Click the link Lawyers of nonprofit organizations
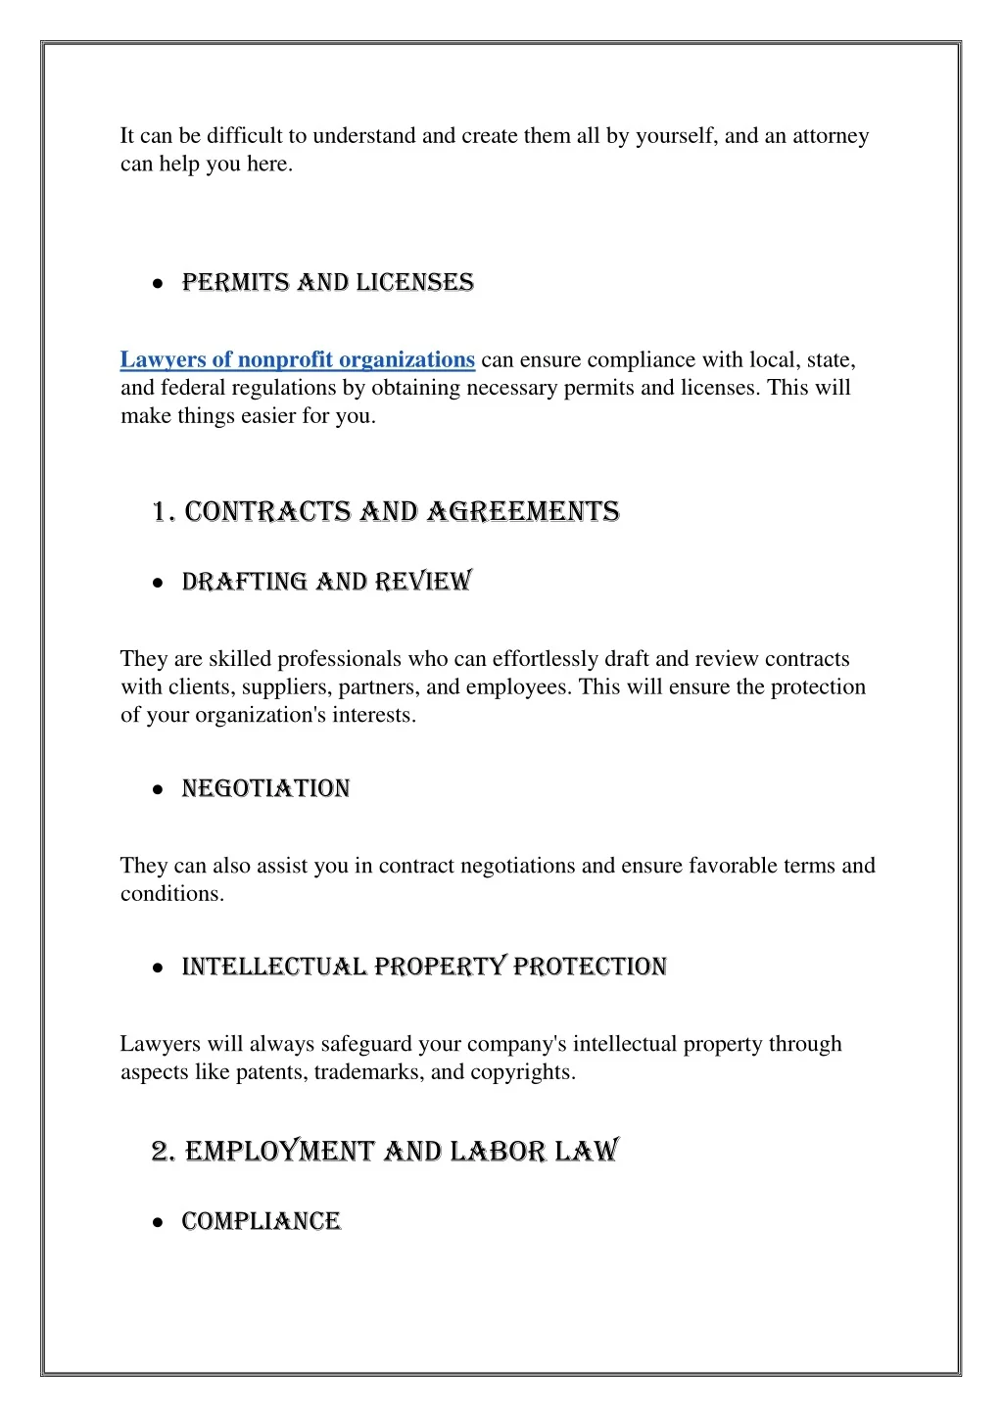tap(297, 360)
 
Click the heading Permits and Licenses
tap(327, 283)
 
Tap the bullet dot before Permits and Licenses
tap(158, 284)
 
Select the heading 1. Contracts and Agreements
tap(386, 512)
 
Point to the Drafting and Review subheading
tap(326, 583)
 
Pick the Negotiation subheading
tap(265, 789)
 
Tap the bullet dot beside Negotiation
tap(158, 790)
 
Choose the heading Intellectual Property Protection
tap(424, 968)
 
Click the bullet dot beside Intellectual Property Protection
tap(158, 968)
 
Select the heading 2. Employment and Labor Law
tap(385, 1151)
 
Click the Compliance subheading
tap(261, 1222)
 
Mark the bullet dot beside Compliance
tap(158, 1223)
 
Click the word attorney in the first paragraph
tap(831, 136)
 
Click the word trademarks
tap(368, 1072)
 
